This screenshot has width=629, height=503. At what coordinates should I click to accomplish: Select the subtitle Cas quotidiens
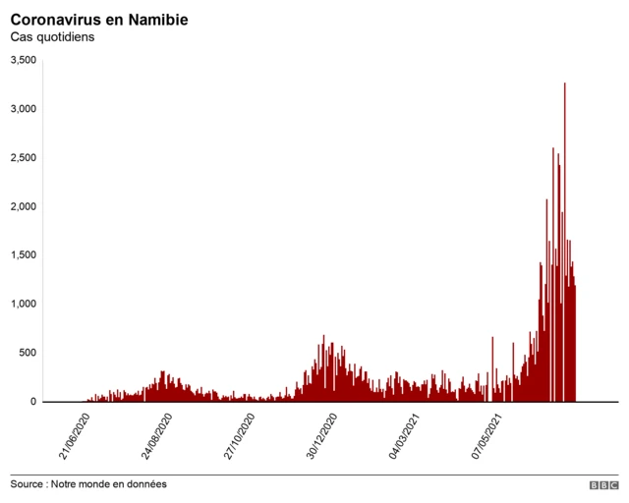(x=52, y=38)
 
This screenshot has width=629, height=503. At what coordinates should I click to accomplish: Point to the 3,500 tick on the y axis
(x=23, y=61)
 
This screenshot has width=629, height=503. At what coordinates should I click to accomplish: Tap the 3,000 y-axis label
(x=23, y=109)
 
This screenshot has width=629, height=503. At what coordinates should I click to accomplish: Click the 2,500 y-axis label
(x=23, y=158)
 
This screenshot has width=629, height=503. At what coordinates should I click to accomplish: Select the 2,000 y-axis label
(x=23, y=206)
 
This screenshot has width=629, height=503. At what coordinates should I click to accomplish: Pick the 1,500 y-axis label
(x=23, y=255)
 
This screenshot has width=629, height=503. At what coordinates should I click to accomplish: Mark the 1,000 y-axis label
(x=23, y=304)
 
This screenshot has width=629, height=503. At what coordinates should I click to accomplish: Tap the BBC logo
(x=603, y=485)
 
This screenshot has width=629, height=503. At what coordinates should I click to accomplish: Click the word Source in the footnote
(x=29, y=484)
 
